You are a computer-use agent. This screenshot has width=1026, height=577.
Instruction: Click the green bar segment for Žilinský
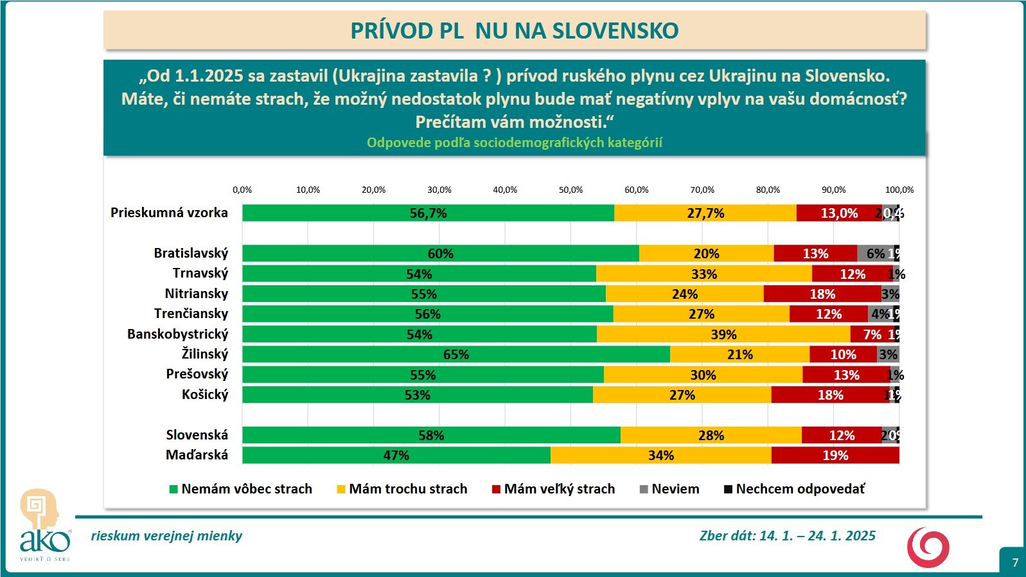(x=456, y=354)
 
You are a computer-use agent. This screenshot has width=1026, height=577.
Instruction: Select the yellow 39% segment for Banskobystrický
(x=723, y=334)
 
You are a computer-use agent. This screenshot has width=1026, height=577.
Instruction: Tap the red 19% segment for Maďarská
(x=835, y=455)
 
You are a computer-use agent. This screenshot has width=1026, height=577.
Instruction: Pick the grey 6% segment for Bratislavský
(x=875, y=253)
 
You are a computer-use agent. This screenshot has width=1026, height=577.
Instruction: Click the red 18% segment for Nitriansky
(x=822, y=294)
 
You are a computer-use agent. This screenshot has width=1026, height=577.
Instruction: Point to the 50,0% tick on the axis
(x=570, y=190)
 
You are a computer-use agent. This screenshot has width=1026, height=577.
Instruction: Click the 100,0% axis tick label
(x=899, y=190)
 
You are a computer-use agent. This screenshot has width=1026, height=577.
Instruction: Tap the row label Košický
(x=205, y=394)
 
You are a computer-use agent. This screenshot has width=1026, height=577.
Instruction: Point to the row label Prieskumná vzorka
(x=169, y=213)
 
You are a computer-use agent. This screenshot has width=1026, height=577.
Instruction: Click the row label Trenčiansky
(x=191, y=314)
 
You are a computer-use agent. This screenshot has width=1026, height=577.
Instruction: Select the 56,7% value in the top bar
(x=428, y=213)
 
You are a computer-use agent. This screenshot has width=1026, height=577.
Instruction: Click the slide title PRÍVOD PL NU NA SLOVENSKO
(x=514, y=30)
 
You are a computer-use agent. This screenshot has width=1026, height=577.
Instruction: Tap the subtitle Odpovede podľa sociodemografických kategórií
(x=514, y=143)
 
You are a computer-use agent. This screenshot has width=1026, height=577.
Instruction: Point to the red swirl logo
(x=928, y=547)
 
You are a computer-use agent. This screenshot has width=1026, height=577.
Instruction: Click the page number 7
(x=1015, y=562)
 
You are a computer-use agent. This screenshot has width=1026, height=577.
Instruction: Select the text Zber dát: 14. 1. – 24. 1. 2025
(x=787, y=536)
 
